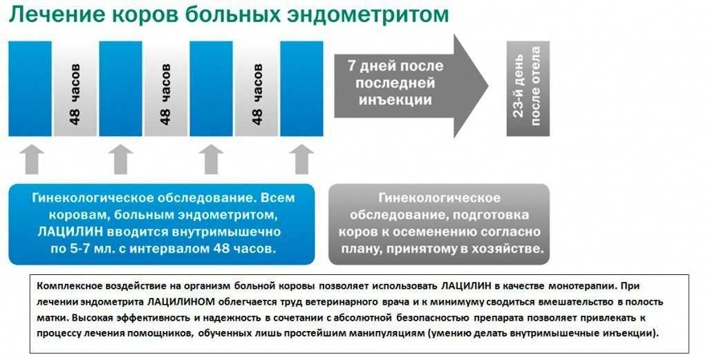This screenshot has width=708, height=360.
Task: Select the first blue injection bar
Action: (x=30, y=88)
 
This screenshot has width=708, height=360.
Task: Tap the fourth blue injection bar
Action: (x=301, y=88)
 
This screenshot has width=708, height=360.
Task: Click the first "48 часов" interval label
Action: (x=75, y=94)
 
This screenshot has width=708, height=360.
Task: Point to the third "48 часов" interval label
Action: (x=257, y=94)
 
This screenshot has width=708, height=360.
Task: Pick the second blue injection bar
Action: (x=120, y=88)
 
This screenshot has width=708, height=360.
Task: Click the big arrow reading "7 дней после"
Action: (x=411, y=85)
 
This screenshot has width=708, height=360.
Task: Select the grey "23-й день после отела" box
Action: (x=528, y=88)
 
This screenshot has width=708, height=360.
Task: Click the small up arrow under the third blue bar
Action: (x=212, y=159)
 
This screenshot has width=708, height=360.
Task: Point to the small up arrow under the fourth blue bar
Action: (x=301, y=159)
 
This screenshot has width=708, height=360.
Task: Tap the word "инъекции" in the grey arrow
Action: (x=395, y=100)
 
